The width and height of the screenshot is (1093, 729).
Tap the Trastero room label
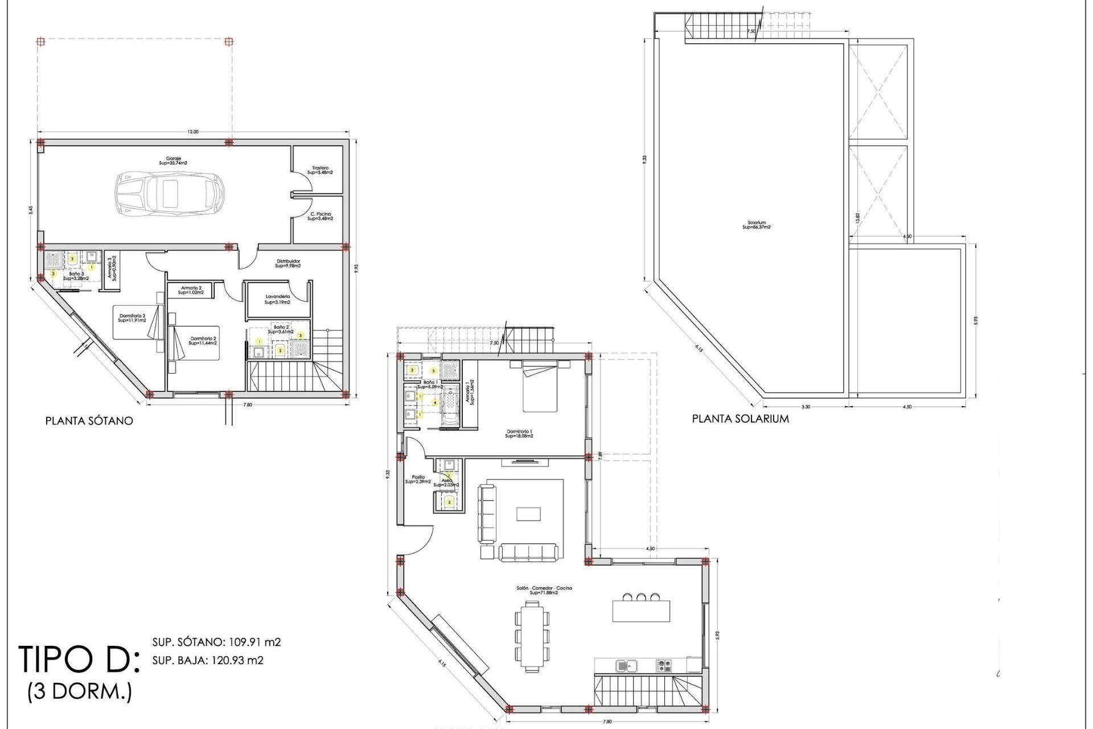click(x=319, y=170)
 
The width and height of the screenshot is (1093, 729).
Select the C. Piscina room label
click(x=320, y=216)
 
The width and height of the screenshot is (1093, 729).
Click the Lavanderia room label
click(x=277, y=300)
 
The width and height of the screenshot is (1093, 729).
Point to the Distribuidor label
click(x=288, y=263)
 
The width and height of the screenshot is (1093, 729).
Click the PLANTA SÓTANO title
click(x=89, y=421)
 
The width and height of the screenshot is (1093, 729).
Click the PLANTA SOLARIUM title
click(x=740, y=419)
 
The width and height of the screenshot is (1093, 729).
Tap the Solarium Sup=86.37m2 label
click(x=757, y=225)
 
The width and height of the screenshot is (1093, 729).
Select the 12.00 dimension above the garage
click(x=193, y=132)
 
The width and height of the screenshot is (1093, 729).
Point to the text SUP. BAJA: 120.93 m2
click(x=208, y=661)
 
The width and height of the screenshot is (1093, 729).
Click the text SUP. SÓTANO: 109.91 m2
click(x=216, y=642)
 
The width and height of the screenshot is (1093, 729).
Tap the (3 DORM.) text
click(x=80, y=693)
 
